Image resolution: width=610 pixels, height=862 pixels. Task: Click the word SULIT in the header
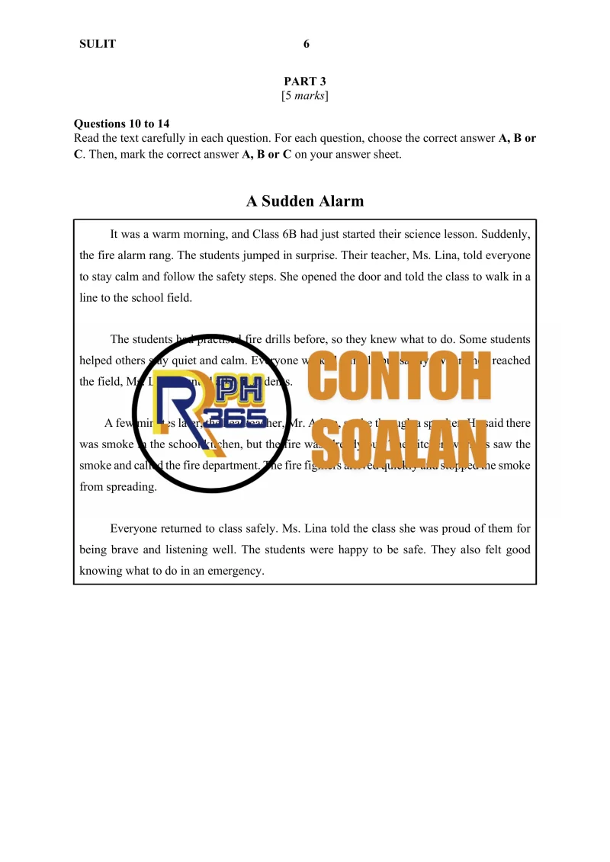point(98,44)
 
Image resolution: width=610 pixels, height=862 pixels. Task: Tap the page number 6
point(306,44)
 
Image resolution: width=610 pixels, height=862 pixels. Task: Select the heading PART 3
point(305,82)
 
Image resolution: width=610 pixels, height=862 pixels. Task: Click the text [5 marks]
point(305,96)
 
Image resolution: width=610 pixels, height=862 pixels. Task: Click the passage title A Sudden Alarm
point(305,201)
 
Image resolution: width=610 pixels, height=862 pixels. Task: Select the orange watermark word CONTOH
point(400,379)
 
